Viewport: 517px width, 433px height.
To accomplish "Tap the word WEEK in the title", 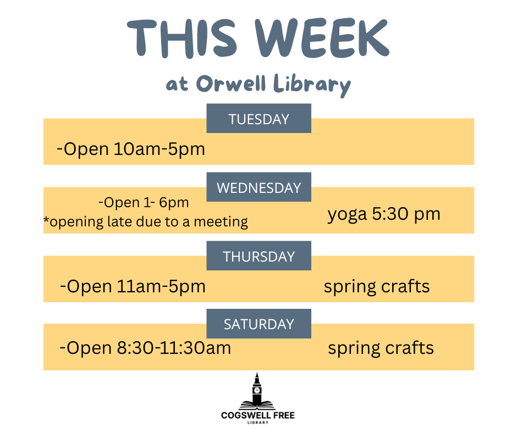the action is click(x=322, y=38).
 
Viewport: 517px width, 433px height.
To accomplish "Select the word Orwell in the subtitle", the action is click(x=231, y=84).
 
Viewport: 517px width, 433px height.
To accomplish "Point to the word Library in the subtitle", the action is click(x=312, y=86).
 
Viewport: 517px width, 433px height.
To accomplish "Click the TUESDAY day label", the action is click(x=259, y=119).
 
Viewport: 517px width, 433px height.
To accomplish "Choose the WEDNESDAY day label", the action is click(x=259, y=188).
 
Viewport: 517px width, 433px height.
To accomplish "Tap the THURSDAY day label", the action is click(x=259, y=257).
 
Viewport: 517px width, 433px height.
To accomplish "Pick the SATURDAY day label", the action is click(x=259, y=324).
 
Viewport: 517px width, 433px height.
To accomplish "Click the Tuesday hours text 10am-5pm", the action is click(x=159, y=149).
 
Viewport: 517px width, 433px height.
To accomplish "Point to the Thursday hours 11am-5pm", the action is click(x=161, y=286).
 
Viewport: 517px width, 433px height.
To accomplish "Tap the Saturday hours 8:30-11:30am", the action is click(x=174, y=348).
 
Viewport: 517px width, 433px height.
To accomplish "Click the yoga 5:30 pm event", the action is click(x=384, y=214).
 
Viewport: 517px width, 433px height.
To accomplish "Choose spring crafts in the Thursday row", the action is click(x=377, y=286).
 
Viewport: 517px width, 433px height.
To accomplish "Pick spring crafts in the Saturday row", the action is click(x=381, y=348).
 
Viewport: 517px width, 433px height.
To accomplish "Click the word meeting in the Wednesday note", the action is click(x=221, y=222).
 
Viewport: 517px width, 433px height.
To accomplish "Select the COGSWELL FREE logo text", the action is click(x=258, y=415).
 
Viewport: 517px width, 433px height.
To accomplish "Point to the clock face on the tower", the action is click(x=257, y=391).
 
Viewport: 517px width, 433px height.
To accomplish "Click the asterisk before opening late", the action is click(x=46, y=219).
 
